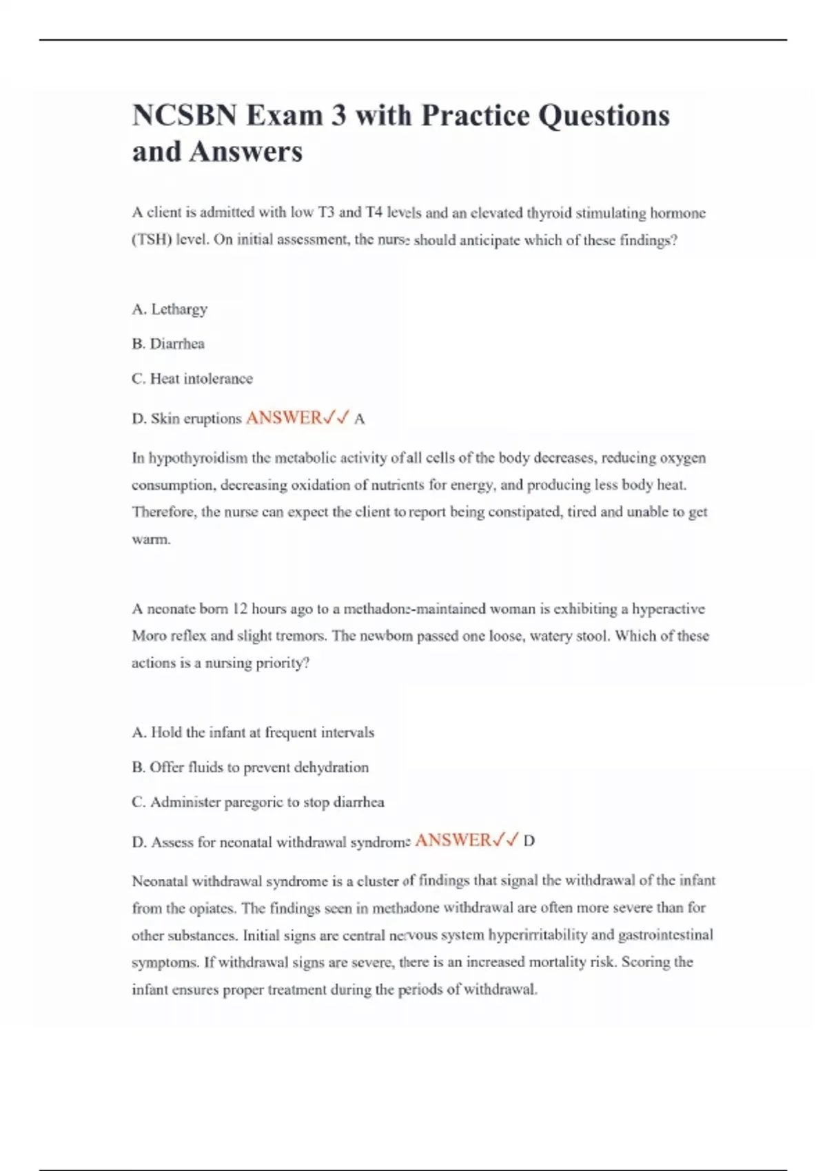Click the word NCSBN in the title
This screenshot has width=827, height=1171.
click(x=185, y=116)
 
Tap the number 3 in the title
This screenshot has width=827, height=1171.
click(x=338, y=116)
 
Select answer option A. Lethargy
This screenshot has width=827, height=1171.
click(x=170, y=309)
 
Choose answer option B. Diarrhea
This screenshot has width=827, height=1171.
click(x=168, y=344)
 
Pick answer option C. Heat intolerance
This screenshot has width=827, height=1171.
click(x=192, y=379)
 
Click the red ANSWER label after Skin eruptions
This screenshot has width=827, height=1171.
click(x=283, y=418)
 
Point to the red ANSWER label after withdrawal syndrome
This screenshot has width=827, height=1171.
click(x=453, y=840)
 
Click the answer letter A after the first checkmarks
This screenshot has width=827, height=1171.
click(x=359, y=419)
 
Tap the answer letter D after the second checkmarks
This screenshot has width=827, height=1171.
click(x=529, y=841)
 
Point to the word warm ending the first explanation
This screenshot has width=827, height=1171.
click(x=150, y=539)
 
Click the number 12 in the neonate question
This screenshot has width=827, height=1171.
click(x=240, y=609)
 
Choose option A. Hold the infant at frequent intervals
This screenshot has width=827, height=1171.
click(x=253, y=732)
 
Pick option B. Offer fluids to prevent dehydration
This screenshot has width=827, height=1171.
click(x=250, y=767)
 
